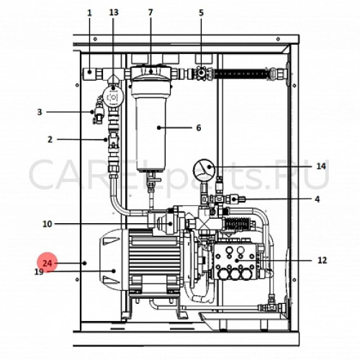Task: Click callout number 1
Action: pos(89,13)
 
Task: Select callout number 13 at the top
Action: pos(114,12)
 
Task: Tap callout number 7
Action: pos(150,12)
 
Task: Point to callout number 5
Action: pos(201,12)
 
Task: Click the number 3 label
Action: pos(40,112)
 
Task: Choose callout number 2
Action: pos(50,140)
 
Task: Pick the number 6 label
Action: pos(199,127)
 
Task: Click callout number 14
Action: pos(321,166)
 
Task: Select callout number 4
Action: pos(318,199)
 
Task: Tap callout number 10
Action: pos(48,224)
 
